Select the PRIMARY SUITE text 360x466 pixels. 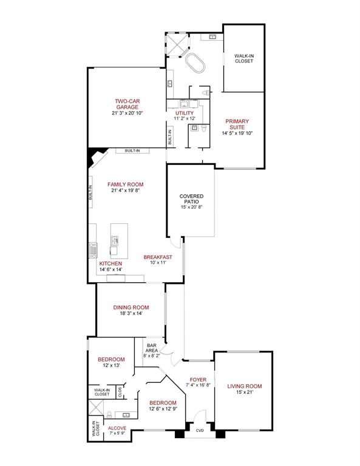pyautogui.click(x=237, y=124)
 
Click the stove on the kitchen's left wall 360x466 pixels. pyautogui.click(x=93, y=249)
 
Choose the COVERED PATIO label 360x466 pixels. pyautogui.click(x=191, y=199)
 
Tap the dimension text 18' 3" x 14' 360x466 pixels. pyautogui.click(x=131, y=314)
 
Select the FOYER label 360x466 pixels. pyautogui.click(x=198, y=380)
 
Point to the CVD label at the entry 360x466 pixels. pyautogui.click(x=200, y=431)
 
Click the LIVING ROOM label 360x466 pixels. pyautogui.click(x=244, y=386)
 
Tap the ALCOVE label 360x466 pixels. pyautogui.click(x=117, y=428)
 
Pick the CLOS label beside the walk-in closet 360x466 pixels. pyautogui.click(x=120, y=392)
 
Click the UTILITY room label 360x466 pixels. pyautogui.click(x=185, y=113)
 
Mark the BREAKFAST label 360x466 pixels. pyautogui.click(x=158, y=257)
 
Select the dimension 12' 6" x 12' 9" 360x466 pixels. pyautogui.click(x=163, y=409)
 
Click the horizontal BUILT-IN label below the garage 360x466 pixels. pyautogui.click(x=132, y=150)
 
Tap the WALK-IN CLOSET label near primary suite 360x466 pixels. pyautogui.click(x=244, y=58)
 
